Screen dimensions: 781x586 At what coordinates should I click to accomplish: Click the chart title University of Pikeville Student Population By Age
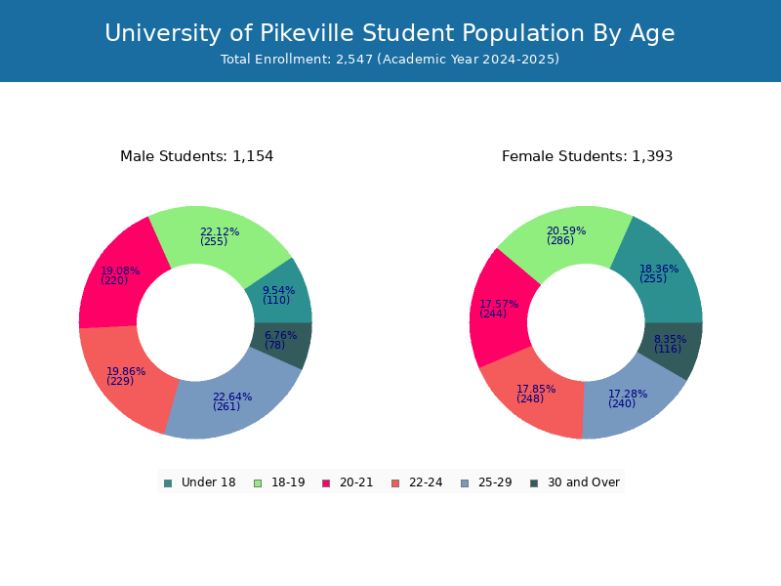pos(390,33)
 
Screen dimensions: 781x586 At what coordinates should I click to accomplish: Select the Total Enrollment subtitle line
pos(390,60)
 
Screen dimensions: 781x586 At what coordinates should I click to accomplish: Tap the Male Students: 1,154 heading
pos(197,156)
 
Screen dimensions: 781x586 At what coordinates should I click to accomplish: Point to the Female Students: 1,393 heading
pos(588,156)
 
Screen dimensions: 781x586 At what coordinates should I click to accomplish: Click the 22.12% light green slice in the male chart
pos(219,236)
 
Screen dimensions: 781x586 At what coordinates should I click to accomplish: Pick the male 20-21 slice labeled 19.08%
pos(120,276)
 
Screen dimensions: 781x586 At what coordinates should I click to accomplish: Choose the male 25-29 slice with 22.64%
pos(232,402)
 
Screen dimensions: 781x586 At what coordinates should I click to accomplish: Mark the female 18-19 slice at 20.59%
pos(566,235)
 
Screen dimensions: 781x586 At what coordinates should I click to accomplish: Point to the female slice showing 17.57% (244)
pos(498,309)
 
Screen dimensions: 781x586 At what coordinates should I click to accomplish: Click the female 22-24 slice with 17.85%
pos(535,394)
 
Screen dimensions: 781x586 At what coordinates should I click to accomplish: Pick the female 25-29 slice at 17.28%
pos(629,399)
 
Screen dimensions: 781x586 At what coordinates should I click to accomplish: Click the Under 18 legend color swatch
pos(168,483)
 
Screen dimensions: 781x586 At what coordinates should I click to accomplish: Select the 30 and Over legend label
pos(583,482)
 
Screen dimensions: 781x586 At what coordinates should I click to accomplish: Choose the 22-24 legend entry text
pos(426,482)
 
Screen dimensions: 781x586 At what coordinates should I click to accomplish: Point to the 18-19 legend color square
pos(258,483)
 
